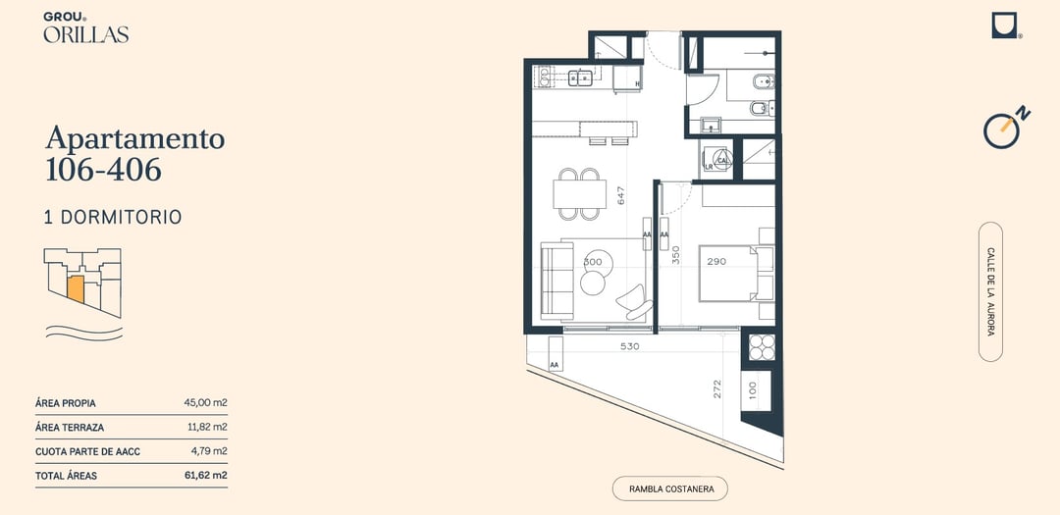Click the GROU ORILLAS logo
click(x=85, y=27)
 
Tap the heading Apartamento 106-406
click(x=135, y=153)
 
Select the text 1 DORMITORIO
click(x=113, y=217)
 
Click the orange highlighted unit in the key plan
click(x=75, y=289)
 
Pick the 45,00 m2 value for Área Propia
click(x=205, y=403)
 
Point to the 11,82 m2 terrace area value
click(x=207, y=427)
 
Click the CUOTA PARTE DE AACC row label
click(x=88, y=451)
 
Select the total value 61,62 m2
click(x=205, y=476)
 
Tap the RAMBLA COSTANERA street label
click(x=670, y=489)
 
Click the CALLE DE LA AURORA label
click(x=990, y=291)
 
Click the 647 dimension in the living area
click(x=620, y=195)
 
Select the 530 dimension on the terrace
click(x=629, y=346)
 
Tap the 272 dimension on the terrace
click(x=717, y=388)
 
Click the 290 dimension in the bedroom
click(x=716, y=262)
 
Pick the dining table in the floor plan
click(x=579, y=194)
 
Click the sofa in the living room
click(x=557, y=282)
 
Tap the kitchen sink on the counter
click(x=580, y=78)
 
